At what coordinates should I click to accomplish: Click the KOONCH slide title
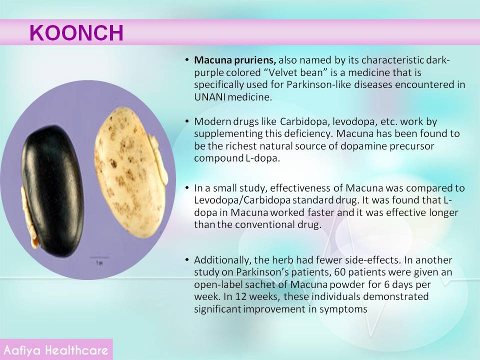(x=76, y=33)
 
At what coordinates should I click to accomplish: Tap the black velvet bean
(x=52, y=190)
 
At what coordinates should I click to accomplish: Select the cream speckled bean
(x=131, y=172)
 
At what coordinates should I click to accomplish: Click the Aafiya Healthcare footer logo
(x=56, y=350)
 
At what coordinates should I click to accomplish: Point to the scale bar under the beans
(x=99, y=257)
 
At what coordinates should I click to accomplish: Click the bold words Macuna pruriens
(x=235, y=60)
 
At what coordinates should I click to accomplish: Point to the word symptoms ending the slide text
(x=343, y=309)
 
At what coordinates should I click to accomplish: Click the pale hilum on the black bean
(x=29, y=218)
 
